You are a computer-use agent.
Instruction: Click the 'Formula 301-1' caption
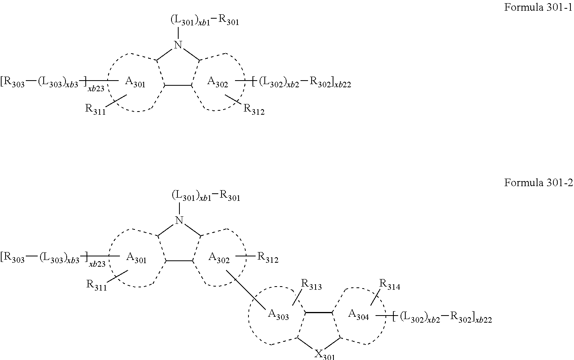538,7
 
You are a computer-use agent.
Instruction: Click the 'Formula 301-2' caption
538,183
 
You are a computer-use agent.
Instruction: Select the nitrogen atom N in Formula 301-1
178,45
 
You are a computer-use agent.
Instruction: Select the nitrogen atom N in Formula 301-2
179,220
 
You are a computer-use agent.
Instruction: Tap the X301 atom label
324,354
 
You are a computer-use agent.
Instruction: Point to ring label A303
278,314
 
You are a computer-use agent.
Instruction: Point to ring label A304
358,314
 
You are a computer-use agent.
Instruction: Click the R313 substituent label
311,285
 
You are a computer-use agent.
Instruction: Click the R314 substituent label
390,285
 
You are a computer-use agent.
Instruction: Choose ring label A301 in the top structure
135,82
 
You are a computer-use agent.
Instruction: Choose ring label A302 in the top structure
218,82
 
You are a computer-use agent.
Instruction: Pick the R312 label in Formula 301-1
254,110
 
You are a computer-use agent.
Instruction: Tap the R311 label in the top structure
95,110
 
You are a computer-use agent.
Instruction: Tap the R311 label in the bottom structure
96,285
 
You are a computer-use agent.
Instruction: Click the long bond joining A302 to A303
246,289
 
